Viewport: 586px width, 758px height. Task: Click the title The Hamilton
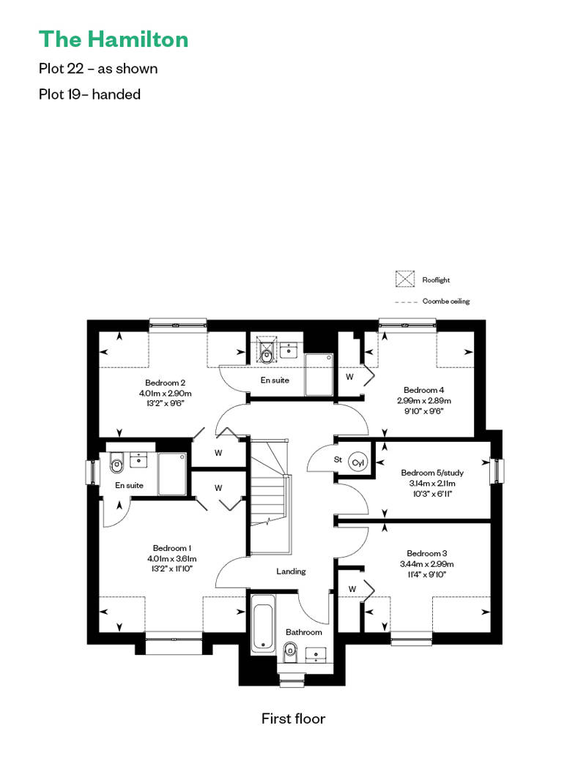coord(114,40)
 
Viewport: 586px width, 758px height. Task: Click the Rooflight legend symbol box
coord(405,279)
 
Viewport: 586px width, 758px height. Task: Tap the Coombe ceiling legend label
coord(445,301)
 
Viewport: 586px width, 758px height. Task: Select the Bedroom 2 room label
coord(165,383)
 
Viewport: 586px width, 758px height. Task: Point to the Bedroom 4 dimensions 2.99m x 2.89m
coord(424,401)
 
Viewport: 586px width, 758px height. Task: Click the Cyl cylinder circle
coord(357,462)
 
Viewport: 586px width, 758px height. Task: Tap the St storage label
coord(338,459)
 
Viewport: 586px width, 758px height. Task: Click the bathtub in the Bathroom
coord(263,622)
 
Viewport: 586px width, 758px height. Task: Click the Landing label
coord(291,571)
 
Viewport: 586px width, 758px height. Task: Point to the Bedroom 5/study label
coord(432,473)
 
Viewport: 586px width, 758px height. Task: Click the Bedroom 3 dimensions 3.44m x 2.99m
coord(427,564)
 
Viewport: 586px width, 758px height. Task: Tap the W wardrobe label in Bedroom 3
coord(352,589)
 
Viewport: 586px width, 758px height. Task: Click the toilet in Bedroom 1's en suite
coord(116,463)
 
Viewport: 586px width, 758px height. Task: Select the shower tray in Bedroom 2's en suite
coord(319,375)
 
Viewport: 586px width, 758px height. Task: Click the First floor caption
coord(293,718)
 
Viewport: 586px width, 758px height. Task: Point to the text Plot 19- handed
coord(89,94)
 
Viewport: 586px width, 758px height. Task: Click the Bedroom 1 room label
coord(172,548)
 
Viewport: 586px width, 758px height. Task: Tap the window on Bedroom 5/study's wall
coord(497,470)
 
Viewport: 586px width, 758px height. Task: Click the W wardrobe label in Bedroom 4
coord(349,377)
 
